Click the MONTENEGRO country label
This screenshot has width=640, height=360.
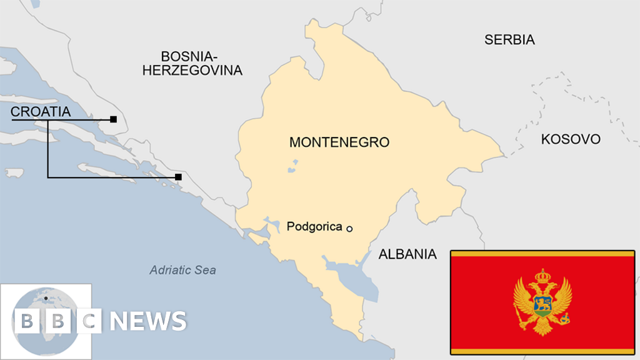pyautogui.click(x=339, y=142)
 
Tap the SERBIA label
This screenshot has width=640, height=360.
pyautogui.click(x=509, y=40)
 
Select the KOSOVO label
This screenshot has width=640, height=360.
pyautogui.click(x=570, y=139)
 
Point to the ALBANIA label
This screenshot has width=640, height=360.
pyautogui.click(x=407, y=254)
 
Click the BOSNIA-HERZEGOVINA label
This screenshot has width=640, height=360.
pyautogui.click(x=192, y=63)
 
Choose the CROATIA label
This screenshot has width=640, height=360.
pyautogui.click(x=41, y=112)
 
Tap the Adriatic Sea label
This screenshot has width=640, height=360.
pyautogui.click(x=182, y=270)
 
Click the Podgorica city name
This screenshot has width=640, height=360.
pyautogui.click(x=314, y=227)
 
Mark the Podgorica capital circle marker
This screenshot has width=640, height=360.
pyautogui.click(x=349, y=229)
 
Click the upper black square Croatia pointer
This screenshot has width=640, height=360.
pyautogui.click(x=113, y=119)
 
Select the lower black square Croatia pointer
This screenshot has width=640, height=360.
pyautogui.click(x=178, y=177)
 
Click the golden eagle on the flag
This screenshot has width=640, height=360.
pyautogui.click(x=542, y=302)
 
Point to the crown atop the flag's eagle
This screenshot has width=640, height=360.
pyautogui.click(x=542, y=274)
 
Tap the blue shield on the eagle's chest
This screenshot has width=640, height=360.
pyautogui.click(x=542, y=304)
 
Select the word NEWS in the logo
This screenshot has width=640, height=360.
pyautogui.click(x=148, y=321)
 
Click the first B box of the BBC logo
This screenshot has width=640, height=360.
pyautogui.click(x=27, y=321)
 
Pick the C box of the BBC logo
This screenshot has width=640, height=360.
pyautogui.click(x=89, y=321)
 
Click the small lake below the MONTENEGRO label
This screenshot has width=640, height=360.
pyautogui.click(x=292, y=167)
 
